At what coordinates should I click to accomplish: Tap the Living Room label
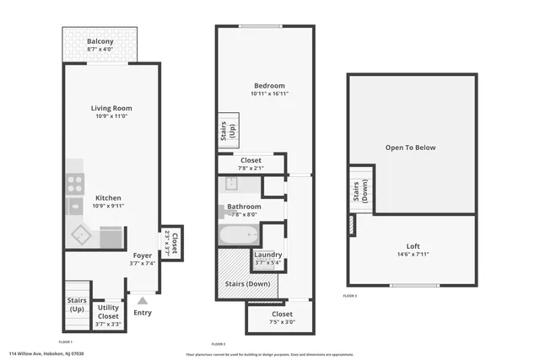111,108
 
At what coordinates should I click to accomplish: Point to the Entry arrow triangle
143,300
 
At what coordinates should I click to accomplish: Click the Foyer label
142,255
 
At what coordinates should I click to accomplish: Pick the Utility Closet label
108,312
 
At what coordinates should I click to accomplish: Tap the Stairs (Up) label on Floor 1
77,304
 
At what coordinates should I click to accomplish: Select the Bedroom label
269,85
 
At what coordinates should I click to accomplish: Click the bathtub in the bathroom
239,235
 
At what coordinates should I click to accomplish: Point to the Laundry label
268,255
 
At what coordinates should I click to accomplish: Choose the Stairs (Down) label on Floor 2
247,284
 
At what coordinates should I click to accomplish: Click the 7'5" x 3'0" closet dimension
282,321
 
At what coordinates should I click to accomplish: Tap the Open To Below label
410,148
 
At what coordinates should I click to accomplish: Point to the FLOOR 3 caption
350,296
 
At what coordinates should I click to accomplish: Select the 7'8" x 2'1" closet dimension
251,168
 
